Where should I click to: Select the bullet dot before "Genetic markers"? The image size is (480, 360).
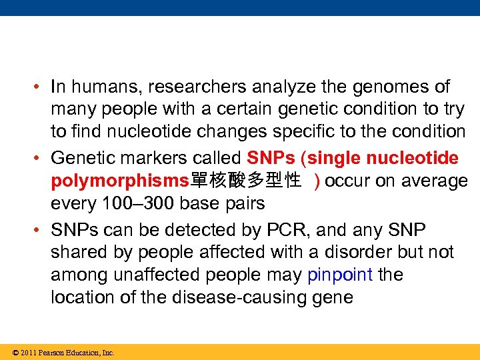pos(41,159)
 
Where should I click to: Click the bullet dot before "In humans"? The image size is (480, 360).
pos(41,87)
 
